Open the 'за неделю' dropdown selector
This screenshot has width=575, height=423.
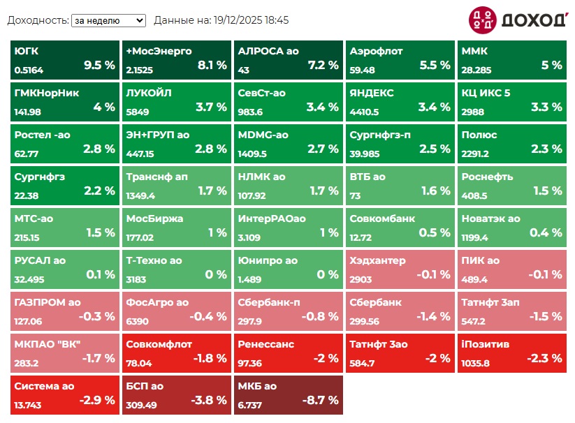coord(108,21)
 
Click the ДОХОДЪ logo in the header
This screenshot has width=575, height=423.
coord(517,20)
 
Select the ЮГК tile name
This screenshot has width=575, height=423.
coord(27,51)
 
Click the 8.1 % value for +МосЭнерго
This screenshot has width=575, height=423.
coord(212,65)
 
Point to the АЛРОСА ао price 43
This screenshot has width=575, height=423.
coord(244,70)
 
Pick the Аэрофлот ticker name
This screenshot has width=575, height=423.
coord(376,51)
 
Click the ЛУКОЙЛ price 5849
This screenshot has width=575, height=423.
coord(138,112)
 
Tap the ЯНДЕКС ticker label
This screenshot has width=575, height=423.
coord(372,93)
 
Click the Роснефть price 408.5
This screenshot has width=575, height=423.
coord(474,196)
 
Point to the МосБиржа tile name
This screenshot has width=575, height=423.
coord(155,218)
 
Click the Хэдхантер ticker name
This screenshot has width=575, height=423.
coord(377,260)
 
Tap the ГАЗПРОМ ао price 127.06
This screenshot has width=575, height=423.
coord(28,322)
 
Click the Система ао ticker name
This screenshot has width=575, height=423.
coord(45,386)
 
